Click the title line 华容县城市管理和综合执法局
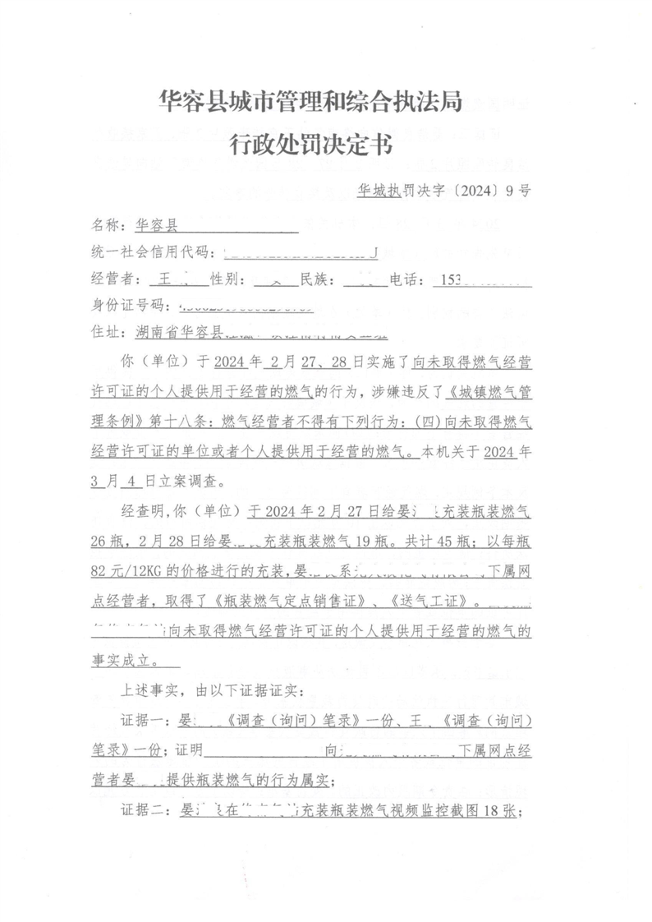310,102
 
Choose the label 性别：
228,279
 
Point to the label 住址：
109,332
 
